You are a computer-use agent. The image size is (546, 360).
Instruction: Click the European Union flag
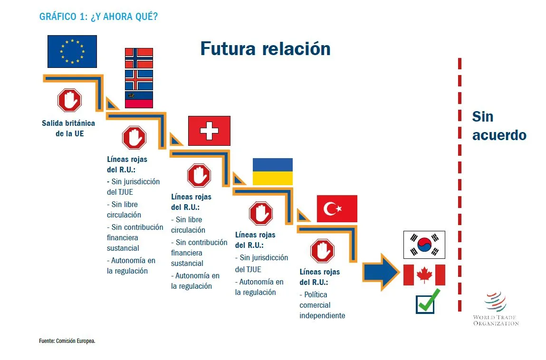click(x=72, y=51)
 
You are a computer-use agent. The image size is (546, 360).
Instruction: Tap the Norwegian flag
click(x=139, y=58)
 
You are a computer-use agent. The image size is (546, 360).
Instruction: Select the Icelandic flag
click(x=139, y=80)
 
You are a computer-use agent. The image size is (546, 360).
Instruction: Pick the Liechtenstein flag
click(x=139, y=100)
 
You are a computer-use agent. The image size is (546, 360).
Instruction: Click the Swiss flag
click(x=209, y=131)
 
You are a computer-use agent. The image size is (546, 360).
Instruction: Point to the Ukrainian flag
click(x=273, y=171)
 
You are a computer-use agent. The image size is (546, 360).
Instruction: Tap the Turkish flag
click(x=337, y=208)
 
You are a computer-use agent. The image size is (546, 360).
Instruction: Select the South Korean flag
click(x=424, y=245)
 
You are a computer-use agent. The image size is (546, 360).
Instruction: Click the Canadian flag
click(x=424, y=275)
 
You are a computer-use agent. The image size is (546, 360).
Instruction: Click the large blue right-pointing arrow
click(x=381, y=272)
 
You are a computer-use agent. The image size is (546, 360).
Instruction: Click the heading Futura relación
click(x=265, y=48)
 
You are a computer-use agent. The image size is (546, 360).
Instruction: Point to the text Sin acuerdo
click(x=499, y=126)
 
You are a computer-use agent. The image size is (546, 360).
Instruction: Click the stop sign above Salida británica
click(x=70, y=100)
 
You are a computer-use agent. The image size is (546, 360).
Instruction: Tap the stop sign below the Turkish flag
click(x=323, y=251)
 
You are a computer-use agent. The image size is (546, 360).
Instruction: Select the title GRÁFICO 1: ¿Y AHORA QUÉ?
click(x=98, y=16)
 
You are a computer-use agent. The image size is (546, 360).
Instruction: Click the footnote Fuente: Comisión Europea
click(x=67, y=341)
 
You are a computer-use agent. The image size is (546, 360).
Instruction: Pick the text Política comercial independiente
click(x=322, y=305)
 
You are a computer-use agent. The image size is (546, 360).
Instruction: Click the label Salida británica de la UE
click(x=68, y=128)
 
